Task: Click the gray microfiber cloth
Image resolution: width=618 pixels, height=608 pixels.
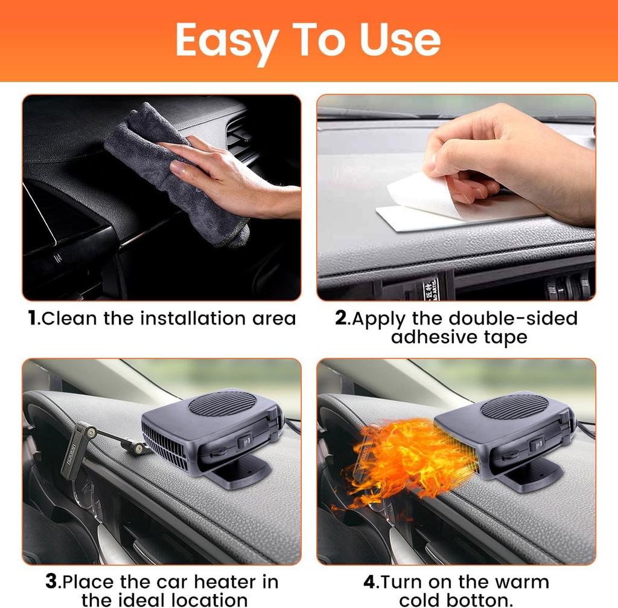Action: pos(175,175)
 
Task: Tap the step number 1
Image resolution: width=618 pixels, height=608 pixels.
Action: pos(33,319)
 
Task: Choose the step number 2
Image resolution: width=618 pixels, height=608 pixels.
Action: pos(342,319)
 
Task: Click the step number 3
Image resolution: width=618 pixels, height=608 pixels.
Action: pos(52,582)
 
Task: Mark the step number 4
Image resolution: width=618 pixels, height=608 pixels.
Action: pos(369,582)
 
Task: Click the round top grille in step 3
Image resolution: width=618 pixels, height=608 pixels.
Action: pos(221,403)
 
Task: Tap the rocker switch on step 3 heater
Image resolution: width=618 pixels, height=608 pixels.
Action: pos(244,442)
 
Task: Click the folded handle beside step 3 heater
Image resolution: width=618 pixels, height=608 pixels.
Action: pos(75,450)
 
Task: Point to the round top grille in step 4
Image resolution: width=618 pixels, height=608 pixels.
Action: pos(514,406)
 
